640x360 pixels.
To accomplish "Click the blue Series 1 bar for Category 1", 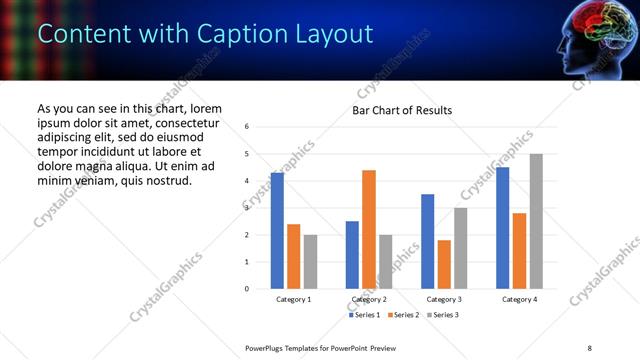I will pos(277,231).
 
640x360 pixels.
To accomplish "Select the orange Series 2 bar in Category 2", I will pos(369,229).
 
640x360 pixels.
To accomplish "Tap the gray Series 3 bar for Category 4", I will pos(536,221).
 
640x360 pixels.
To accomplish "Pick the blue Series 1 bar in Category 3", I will pos(427,241).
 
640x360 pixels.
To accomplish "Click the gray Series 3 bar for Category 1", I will pos(310,262).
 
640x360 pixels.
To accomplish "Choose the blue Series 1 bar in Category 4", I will pos(502,228).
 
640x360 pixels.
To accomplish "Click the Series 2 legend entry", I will pos(402,315).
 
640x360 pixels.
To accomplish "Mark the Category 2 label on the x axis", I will pos(369,299).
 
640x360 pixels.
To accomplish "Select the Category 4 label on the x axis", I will pos(519,299).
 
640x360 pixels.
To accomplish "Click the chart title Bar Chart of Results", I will pos(402,110).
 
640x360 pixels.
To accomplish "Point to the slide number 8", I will pos(589,347).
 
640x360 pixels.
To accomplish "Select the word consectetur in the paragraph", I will pos(175,123).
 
